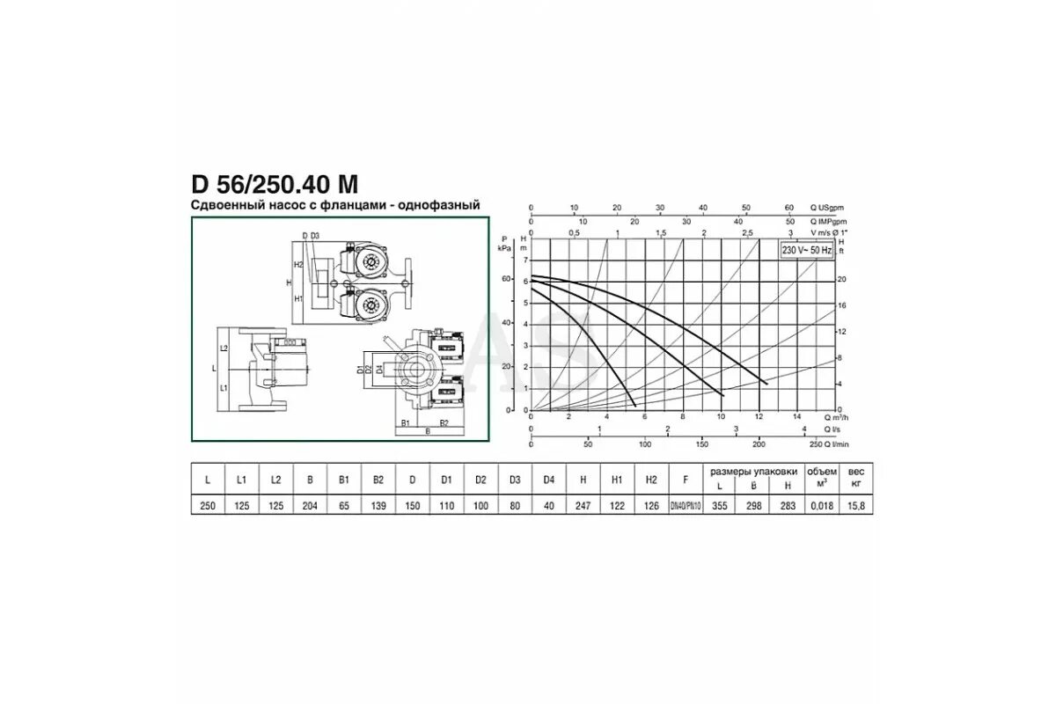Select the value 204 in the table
click(310, 507)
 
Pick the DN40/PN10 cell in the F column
click(686, 507)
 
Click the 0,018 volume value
click(821, 507)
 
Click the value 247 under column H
click(583, 507)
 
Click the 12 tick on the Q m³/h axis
click(759, 416)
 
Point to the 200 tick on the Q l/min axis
click(759, 444)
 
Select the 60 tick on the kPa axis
click(506, 278)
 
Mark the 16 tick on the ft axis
click(840, 304)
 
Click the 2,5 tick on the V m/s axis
click(747, 232)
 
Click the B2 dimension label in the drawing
click(444, 423)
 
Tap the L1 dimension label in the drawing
click(224, 387)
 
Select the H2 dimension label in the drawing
click(298, 264)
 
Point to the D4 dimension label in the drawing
click(379, 370)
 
